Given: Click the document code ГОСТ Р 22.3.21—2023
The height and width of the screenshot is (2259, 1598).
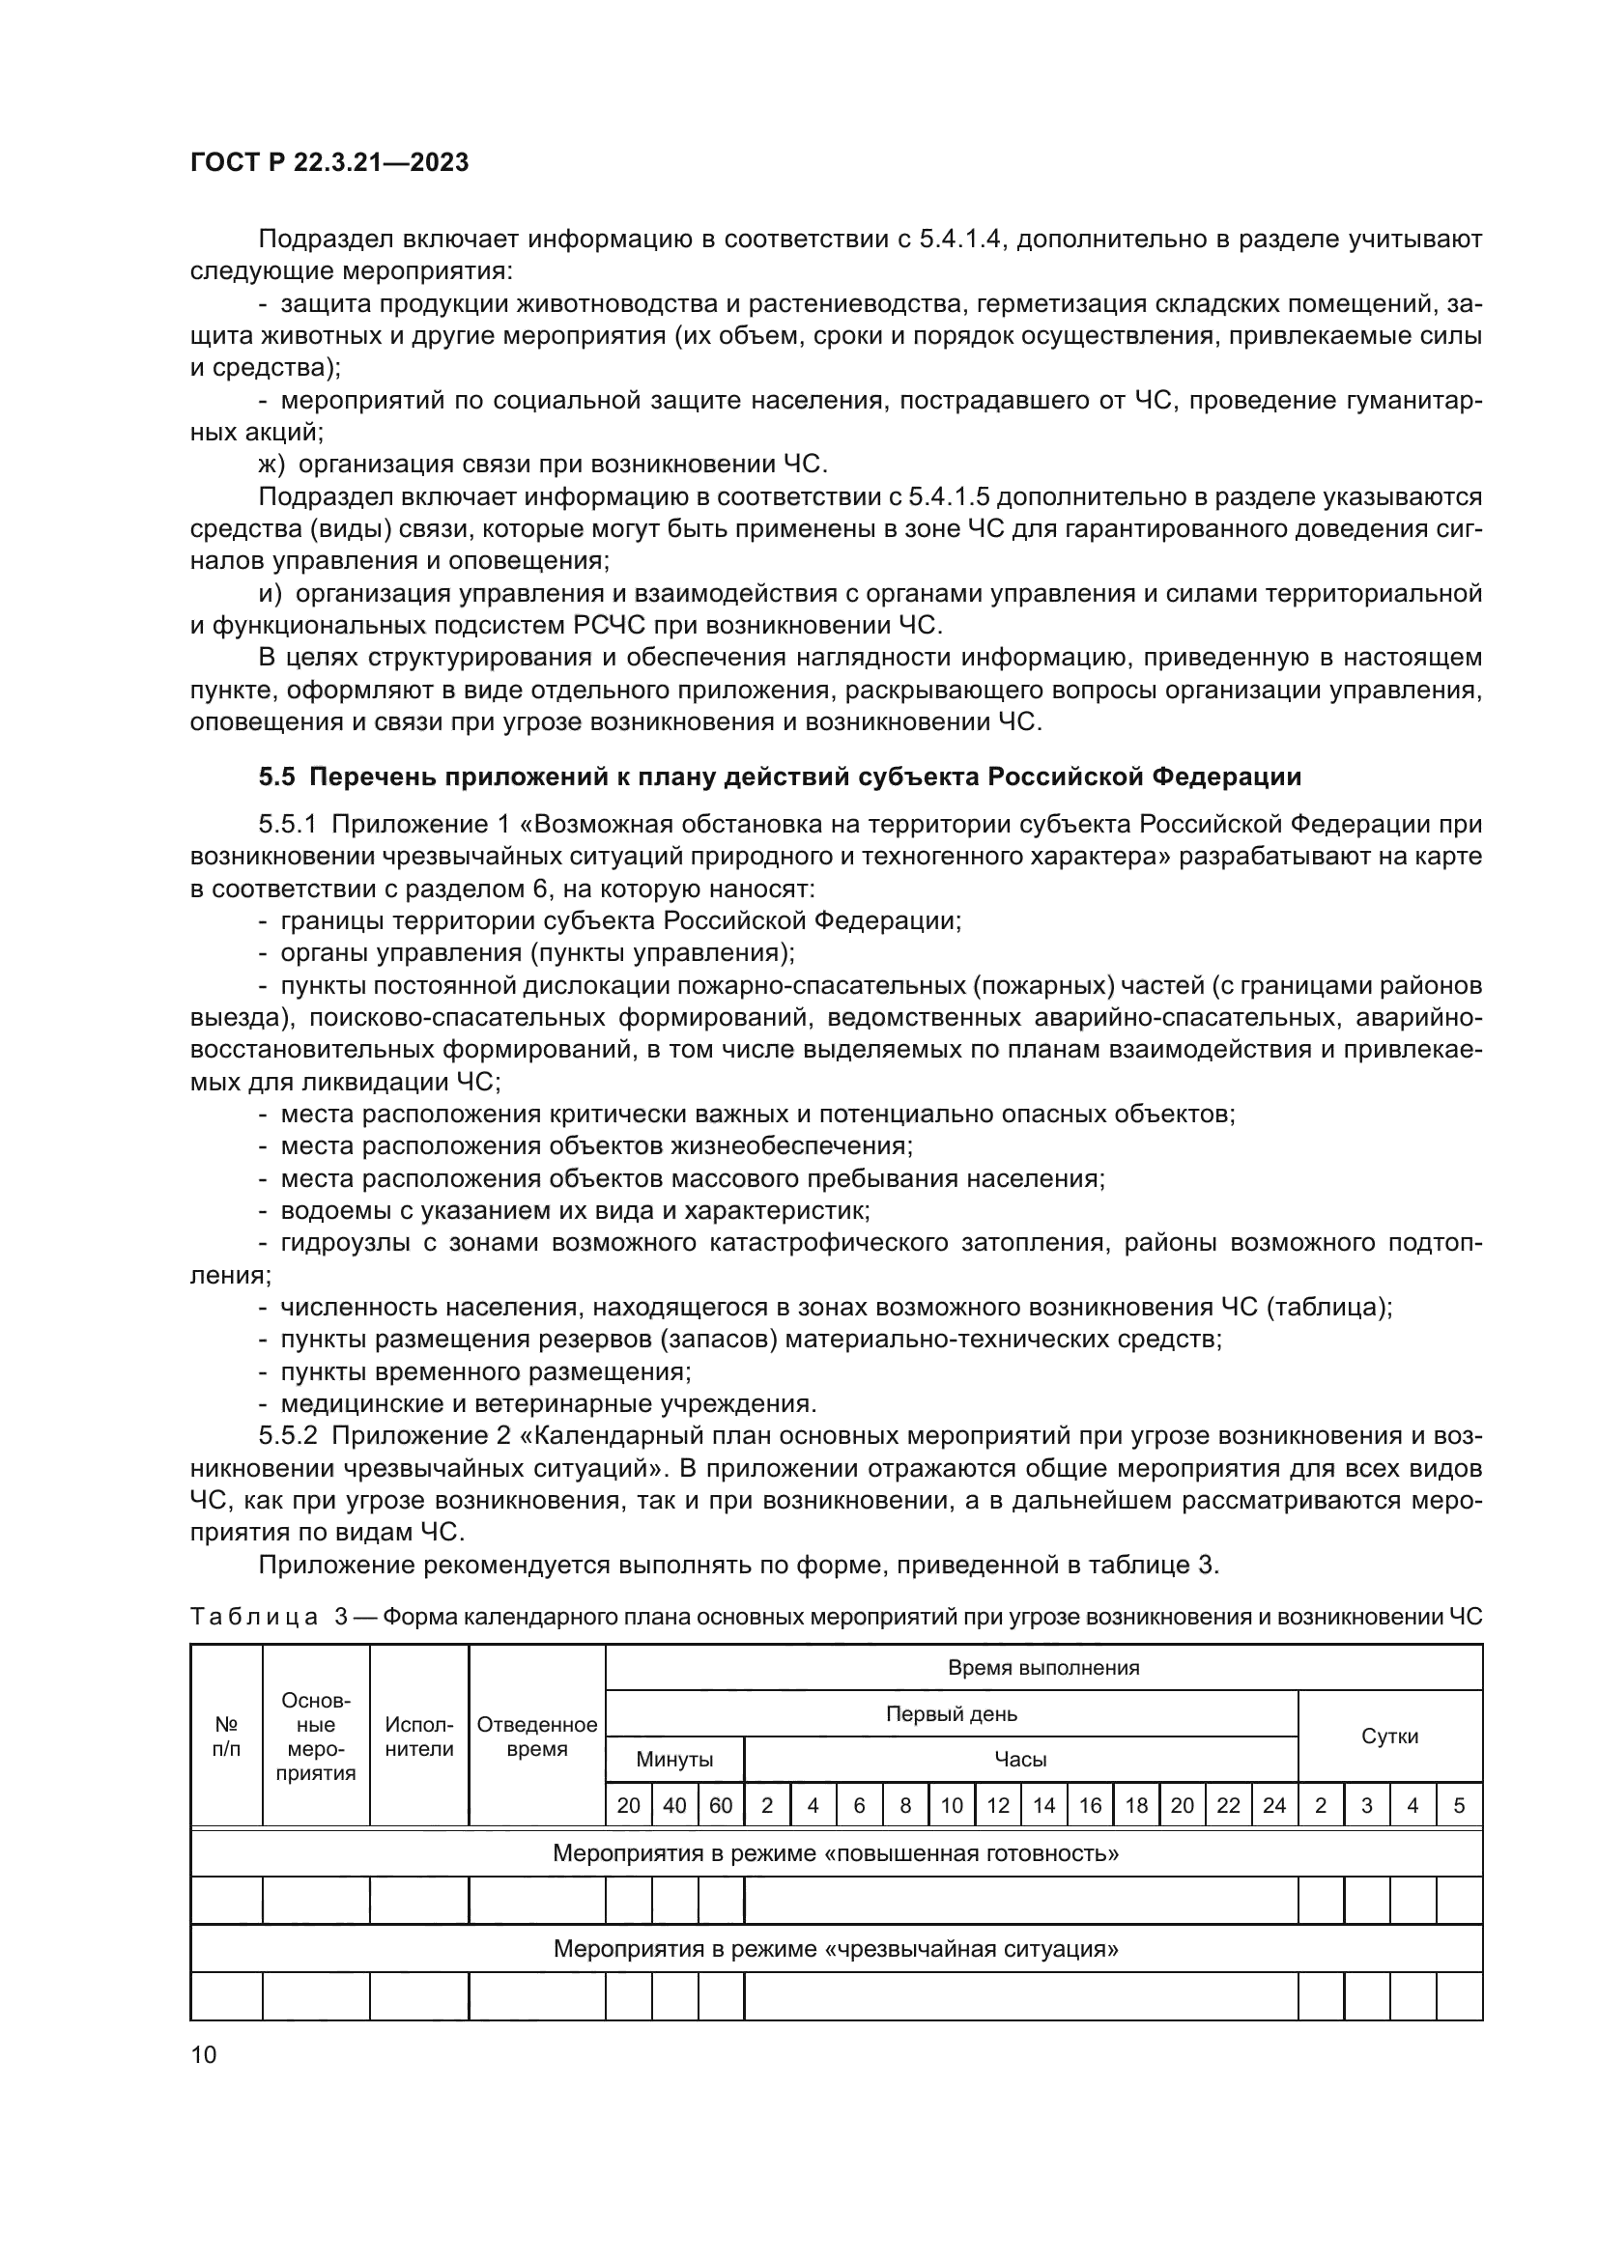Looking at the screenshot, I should click(x=328, y=163).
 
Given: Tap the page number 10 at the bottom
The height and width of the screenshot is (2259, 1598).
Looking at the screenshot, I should click(x=203, y=2054).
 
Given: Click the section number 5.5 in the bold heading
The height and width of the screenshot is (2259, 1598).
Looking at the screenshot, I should click(x=276, y=777).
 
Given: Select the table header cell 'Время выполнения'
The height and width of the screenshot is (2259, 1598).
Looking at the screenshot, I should click(x=1043, y=1668).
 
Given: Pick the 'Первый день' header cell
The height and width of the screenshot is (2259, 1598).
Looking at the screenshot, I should click(x=951, y=1714).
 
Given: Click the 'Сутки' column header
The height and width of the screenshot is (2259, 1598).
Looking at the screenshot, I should click(x=1389, y=1736).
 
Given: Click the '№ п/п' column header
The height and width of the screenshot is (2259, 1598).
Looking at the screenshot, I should click(x=226, y=1737).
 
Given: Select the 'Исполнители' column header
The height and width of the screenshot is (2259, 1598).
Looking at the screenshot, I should click(x=419, y=1737).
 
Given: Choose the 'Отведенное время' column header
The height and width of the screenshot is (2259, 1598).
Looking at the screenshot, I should click(x=536, y=1737).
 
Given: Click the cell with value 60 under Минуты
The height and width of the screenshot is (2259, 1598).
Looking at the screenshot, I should click(x=721, y=1805).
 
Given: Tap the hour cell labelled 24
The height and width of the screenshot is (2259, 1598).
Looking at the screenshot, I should click(x=1273, y=1805).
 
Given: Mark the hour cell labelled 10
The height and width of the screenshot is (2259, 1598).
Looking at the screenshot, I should click(x=951, y=1805).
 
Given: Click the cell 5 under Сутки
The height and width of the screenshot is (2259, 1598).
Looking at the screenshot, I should click(x=1458, y=1805).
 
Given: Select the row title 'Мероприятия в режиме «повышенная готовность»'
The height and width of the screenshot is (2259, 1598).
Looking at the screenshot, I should click(x=836, y=1853).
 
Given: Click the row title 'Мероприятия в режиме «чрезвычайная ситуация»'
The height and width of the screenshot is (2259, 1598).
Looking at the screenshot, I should click(x=836, y=1949).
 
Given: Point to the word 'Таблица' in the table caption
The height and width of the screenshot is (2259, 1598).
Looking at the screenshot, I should click(x=253, y=1617).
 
